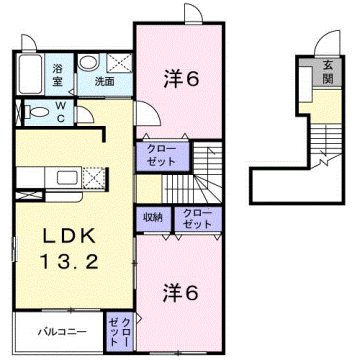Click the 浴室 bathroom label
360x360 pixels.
[58, 74]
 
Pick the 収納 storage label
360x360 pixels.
[153, 216]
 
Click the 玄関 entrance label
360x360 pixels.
[326, 73]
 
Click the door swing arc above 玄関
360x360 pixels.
[323, 42]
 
